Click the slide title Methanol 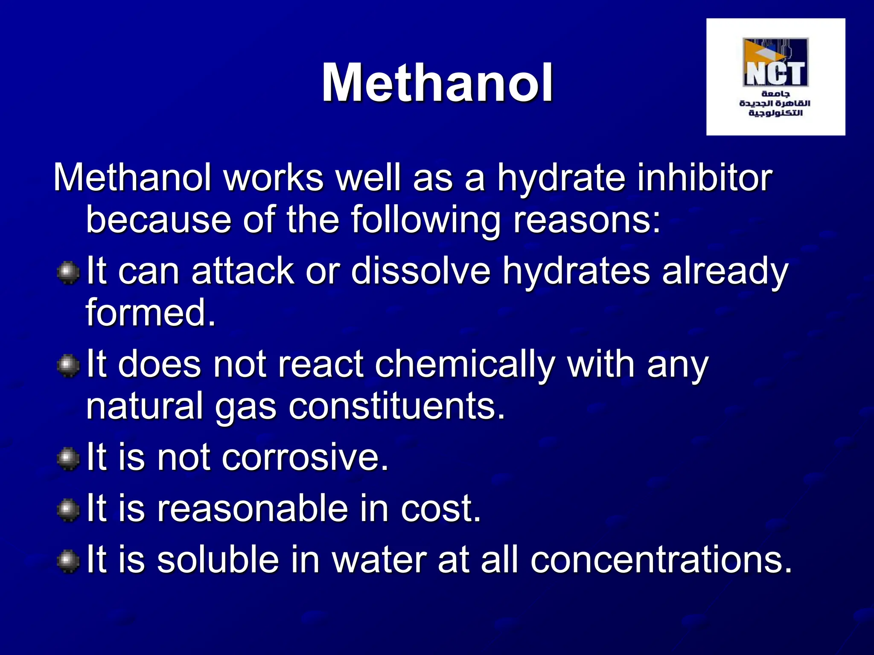(437, 83)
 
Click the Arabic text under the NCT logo (775, 103)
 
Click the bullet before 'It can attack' (68, 273)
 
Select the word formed (150, 313)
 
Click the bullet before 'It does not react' (68, 366)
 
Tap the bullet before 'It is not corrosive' (68, 459)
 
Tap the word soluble (218, 559)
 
